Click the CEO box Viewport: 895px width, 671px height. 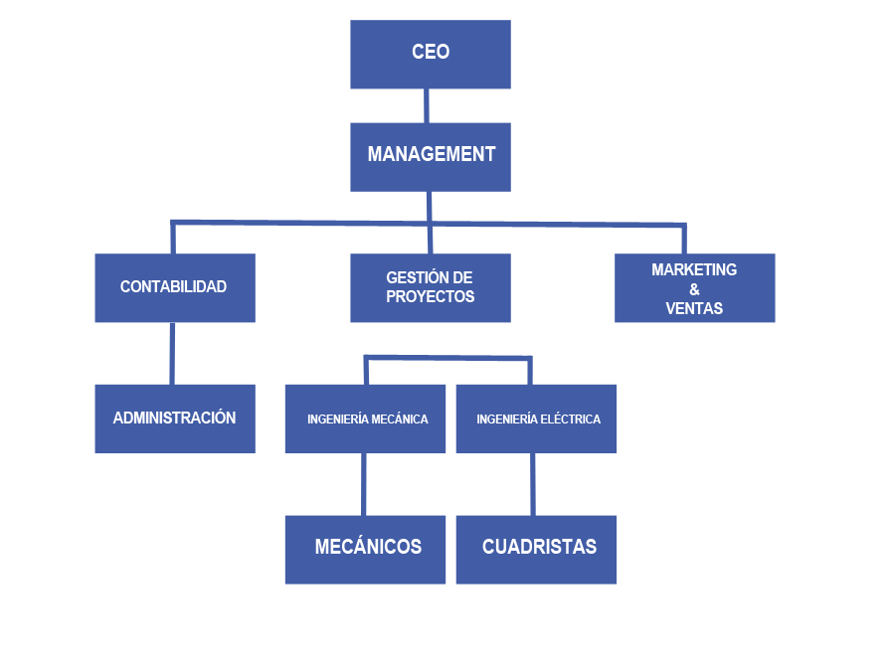click(431, 54)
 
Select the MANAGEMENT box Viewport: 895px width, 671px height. click(431, 156)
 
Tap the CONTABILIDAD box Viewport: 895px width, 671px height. click(174, 287)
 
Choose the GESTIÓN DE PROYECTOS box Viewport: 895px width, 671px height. click(431, 287)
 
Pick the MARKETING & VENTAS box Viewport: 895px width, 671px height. click(694, 287)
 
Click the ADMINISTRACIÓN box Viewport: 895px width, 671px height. click(174, 419)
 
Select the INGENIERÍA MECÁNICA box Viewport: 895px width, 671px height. click(365, 419)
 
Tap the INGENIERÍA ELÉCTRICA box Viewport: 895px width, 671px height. click(536, 419)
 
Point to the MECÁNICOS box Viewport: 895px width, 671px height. click(365, 548)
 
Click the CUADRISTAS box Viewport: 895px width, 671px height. click(536, 548)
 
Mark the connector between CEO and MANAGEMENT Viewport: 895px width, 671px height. click(427, 105)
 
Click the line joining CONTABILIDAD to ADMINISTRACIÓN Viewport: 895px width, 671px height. click(172, 353)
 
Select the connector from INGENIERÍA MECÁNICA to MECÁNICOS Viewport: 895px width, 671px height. click(364, 484)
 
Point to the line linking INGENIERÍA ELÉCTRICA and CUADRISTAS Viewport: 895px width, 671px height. click(533, 484)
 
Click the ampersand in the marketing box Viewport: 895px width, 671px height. click(694, 289)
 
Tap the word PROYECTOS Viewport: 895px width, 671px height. click(431, 296)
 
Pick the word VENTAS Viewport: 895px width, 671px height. click(694, 308)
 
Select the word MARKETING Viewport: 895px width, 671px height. click(694, 269)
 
